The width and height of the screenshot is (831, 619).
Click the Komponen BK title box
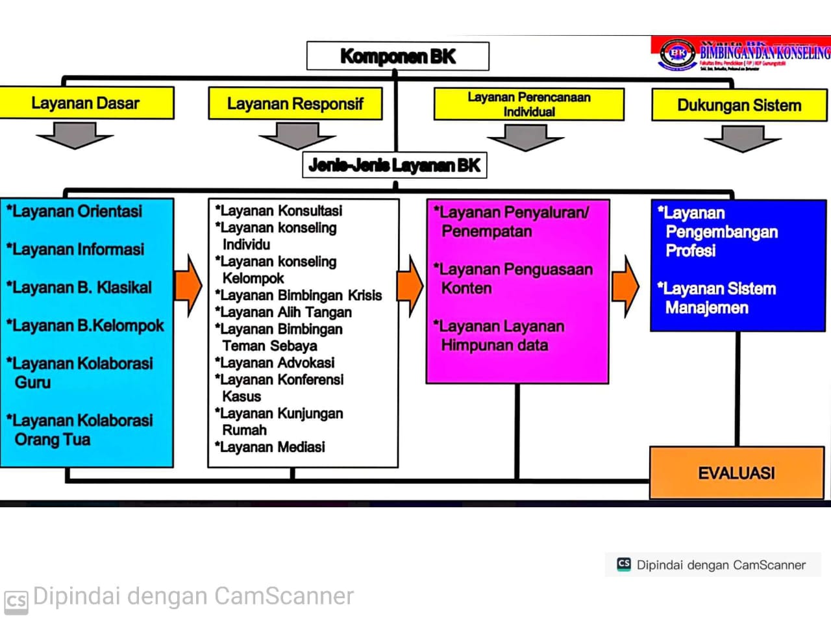point(397,57)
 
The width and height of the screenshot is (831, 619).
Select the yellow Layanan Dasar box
point(86,103)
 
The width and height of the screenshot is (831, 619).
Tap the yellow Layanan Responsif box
point(295,104)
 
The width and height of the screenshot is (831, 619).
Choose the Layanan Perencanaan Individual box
point(528,105)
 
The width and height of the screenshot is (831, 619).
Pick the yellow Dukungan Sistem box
point(739,105)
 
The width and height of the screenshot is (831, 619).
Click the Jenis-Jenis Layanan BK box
point(394,165)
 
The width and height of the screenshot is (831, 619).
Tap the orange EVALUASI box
point(736,473)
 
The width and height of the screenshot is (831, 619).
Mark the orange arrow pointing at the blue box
point(625,286)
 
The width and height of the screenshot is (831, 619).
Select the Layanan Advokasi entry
point(275,362)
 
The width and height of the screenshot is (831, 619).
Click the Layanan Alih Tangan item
point(284,312)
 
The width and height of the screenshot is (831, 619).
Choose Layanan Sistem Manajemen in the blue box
point(717,298)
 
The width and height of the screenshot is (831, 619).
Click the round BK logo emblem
point(677,53)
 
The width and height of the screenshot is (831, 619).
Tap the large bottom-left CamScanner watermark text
point(192,596)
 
